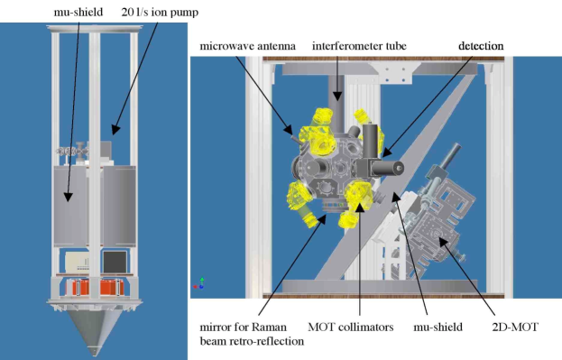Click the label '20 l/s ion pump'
pos(160,13)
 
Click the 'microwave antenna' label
pos(248,46)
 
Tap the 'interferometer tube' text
pos(359,46)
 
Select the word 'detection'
pos(481,46)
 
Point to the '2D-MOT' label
pos(515,327)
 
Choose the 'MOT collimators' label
pos(351,327)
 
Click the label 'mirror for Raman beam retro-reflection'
pos(252,334)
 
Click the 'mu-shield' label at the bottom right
pos(438,327)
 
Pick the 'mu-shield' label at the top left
pos(78,13)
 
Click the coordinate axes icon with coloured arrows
pos(199,283)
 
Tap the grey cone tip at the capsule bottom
pos(94,352)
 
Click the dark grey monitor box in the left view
pos(115,262)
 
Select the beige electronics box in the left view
pos(77,262)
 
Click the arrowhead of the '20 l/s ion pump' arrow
pos(115,130)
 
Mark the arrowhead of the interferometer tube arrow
pos(336,96)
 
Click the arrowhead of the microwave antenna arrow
pos(289,129)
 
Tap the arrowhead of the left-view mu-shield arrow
pos(68,197)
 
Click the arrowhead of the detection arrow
pos(386,153)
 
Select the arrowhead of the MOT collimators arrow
pos(360,207)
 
